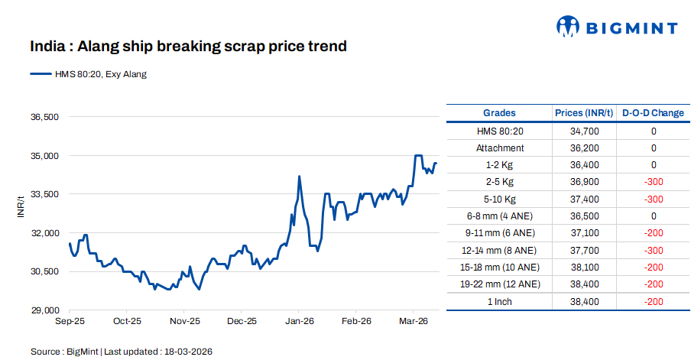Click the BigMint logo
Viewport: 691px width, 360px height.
click(616, 28)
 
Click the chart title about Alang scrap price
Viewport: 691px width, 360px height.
click(188, 47)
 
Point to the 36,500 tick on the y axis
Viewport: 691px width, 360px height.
click(44, 117)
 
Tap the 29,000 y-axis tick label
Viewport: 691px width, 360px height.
click(44, 310)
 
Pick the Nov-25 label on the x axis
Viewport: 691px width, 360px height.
click(184, 322)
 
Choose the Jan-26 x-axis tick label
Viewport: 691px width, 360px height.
click(299, 322)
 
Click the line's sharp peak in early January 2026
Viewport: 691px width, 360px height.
click(299, 177)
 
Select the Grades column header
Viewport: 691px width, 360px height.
click(499, 113)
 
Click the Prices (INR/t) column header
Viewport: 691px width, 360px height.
click(584, 113)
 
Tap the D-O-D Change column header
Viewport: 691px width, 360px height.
click(653, 113)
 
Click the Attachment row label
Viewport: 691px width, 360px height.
click(499, 148)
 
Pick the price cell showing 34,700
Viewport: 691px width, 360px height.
click(584, 131)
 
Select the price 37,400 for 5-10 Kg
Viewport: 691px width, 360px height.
click(584, 199)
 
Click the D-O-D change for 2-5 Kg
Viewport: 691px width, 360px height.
click(653, 182)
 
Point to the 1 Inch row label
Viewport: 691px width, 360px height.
click(499, 302)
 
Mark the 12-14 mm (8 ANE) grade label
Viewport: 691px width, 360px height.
click(499, 251)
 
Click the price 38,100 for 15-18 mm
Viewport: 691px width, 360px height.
click(584, 268)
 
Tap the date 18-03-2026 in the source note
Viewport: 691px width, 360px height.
click(187, 352)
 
